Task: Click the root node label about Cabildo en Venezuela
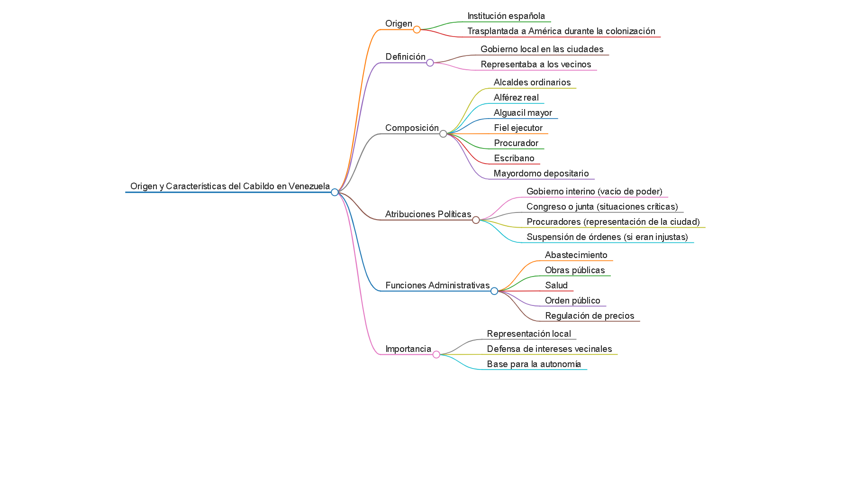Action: coord(230,186)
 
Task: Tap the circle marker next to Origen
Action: coord(417,29)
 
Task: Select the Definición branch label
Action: coord(405,57)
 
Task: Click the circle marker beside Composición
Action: coord(443,134)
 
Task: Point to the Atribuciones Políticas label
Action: coord(428,214)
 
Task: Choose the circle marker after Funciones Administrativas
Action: coord(494,291)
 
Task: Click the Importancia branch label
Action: coord(408,349)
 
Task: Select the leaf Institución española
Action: coord(506,16)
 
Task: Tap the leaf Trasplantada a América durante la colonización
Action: coord(561,31)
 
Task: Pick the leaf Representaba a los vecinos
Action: coord(535,65)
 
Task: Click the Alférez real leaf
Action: coord(516,98)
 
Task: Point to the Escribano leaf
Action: coord(514,158)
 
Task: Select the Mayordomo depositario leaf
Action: coord(541,174)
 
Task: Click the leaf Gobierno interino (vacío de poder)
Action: coord(594,192)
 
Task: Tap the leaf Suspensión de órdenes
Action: coord(607,237)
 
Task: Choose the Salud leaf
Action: coord(556,286)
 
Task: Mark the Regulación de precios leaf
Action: coord(589,316)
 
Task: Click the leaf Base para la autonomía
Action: coord(534,364)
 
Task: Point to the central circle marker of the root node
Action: coord(335,192)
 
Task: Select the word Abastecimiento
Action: coord(576,255)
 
